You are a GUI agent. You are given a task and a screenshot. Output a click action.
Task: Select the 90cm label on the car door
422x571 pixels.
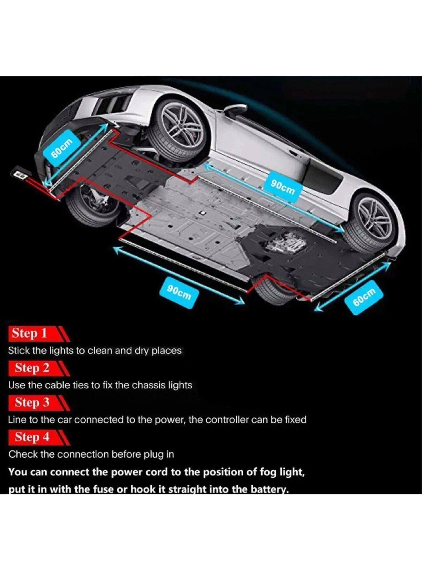[x=283, y=187]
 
